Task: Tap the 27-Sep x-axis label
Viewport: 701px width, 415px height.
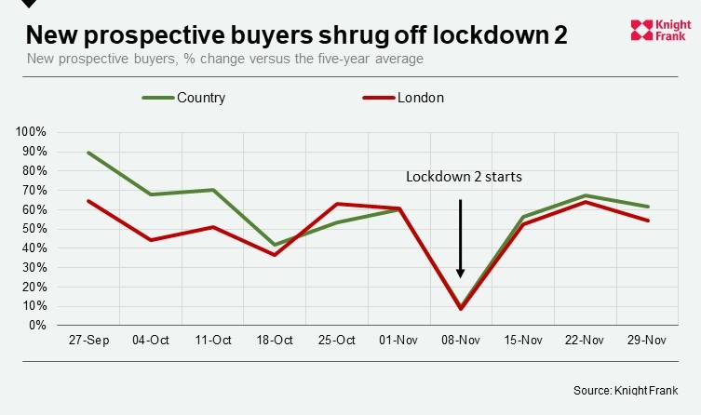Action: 89,341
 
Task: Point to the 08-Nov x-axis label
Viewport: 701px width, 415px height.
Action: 461,341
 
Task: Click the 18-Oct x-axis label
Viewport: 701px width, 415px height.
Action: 276,341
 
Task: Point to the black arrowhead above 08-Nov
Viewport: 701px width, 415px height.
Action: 461,273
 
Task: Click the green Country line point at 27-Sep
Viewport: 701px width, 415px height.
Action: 89,153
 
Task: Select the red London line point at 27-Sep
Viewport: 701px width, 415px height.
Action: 89,201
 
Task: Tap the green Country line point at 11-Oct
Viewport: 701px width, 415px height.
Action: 213,190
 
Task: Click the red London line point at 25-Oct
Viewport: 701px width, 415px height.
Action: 337,204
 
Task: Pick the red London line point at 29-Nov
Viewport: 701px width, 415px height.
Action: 647,221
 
